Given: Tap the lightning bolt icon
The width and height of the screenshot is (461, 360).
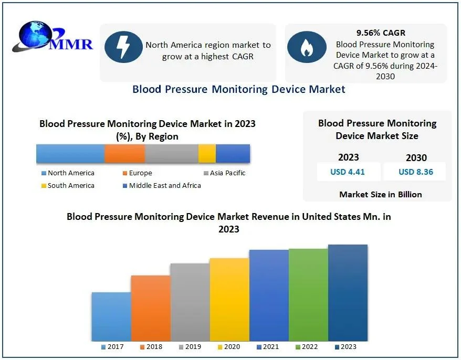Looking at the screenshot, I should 123,47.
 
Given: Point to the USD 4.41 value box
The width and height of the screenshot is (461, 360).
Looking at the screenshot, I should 348,172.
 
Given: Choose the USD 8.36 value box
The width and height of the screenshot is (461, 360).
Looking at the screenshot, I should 416,172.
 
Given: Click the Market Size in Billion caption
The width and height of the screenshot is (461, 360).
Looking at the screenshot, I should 380,194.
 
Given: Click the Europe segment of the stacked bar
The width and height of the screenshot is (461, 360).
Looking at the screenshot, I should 124,153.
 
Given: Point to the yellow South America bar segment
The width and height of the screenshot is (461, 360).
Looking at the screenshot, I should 207,153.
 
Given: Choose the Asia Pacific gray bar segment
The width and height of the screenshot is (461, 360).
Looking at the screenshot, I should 171,153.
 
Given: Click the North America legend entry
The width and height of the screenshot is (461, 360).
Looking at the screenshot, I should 68,173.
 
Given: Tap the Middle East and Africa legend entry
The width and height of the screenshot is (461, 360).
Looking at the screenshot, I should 161,186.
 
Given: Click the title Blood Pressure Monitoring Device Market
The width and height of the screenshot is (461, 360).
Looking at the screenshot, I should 239,89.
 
